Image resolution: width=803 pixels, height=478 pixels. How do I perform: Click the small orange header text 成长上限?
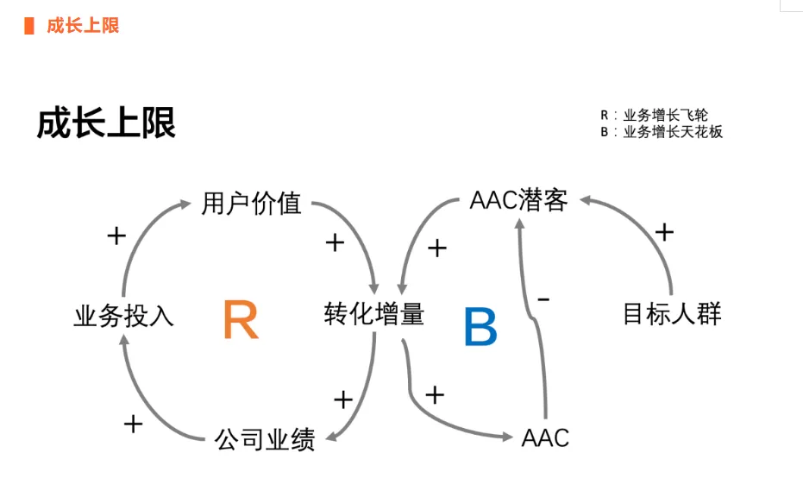(x=83, y=26)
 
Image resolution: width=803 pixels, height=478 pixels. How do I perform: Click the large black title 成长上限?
(x=106, y=123)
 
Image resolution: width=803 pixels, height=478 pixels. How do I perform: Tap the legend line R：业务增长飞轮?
(x=655, y=116)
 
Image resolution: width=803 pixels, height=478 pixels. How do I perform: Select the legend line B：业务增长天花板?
(x=662, y=132)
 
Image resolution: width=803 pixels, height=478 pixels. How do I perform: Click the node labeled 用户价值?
(x=251, y=204)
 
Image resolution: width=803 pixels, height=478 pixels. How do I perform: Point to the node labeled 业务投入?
(x=124, y=316)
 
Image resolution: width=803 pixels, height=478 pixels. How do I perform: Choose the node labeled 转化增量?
(x=374, y=313)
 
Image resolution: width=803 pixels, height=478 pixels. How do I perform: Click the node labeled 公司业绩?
(x=265, y=440)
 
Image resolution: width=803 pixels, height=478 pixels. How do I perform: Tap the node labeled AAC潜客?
(x=519, y=201)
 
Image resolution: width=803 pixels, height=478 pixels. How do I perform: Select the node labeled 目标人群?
(x=672, y=313)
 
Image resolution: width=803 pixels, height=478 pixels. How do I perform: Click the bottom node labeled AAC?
(x=546, y=437)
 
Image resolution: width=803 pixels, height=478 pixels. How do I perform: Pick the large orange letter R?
(x=241, y=321)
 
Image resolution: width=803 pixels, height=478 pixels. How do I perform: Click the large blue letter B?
(x=480, y=327)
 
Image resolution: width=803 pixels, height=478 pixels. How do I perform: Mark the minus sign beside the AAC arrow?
(x=543, y=299)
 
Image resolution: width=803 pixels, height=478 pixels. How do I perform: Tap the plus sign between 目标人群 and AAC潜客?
(x=664, y=232)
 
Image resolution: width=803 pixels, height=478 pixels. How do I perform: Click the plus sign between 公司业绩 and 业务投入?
(x=133, y=424)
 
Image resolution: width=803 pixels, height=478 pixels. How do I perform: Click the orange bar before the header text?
(x=28, y=26)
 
